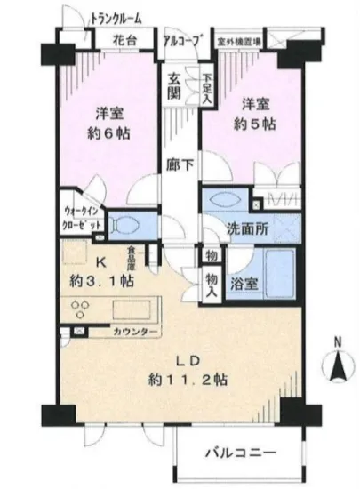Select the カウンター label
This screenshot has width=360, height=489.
click(135, 332)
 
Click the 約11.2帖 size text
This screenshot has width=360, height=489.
click(190, 379)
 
